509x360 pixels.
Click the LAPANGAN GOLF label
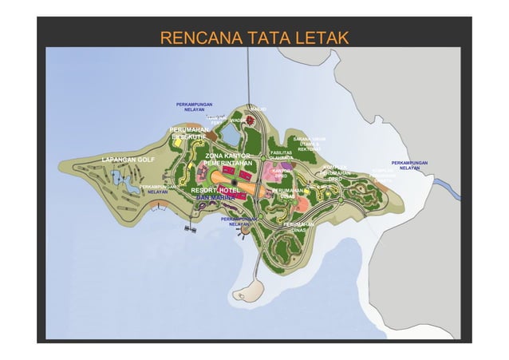[128, 160]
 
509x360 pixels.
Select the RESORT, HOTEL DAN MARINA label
[215, 194]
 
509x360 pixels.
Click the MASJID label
[257, 109]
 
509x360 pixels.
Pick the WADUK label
[238, 121]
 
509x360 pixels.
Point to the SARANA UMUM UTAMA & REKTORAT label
[309, 144]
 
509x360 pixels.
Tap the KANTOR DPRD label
[281, 173]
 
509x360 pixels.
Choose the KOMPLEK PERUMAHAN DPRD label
[335, 172]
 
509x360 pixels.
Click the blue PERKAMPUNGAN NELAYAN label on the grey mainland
[409, 165]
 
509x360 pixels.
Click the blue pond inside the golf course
[127, 186]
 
